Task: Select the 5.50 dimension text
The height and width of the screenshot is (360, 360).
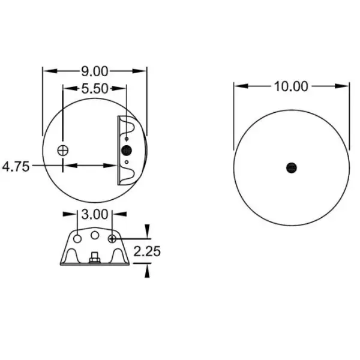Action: click(x=94, y=89)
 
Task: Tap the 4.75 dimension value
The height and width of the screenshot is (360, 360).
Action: click(x=16, y=166)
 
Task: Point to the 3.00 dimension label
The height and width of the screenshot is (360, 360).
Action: click(x=95, y=214)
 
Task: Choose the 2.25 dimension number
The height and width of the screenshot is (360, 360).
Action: click(x=147, y=251)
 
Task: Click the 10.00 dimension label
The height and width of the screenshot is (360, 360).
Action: click(x=291, y=86)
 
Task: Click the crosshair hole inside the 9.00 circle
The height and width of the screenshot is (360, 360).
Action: click(x=63, y=150)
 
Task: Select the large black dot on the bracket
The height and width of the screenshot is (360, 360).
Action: click(x=127, y=150)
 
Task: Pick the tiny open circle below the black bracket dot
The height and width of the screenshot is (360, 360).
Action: click(x=127, y=161)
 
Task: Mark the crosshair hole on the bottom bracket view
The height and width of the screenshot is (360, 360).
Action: click(x=112, y=239)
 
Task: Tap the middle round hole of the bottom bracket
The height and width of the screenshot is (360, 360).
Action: click(x=95, y=234)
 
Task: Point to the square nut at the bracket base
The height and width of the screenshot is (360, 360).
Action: click(x=95, y=259)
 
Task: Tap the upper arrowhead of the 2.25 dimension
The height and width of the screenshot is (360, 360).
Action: click(x=147, y=233)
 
